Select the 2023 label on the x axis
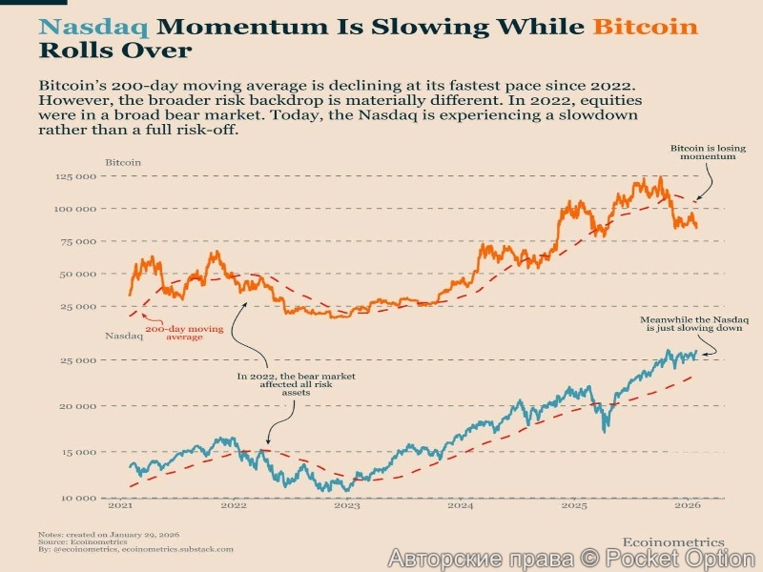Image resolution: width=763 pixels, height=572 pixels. (x=347, y=508)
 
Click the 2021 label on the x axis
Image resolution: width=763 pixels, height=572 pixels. (x=121, y=508)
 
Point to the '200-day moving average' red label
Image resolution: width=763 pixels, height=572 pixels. (x=184, y=333)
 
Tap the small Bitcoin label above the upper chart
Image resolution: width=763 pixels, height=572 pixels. (x=123, y=162)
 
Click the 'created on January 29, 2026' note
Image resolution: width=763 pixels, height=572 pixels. (x=110, y=534)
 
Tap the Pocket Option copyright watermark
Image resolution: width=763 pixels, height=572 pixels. (x=571, y=559)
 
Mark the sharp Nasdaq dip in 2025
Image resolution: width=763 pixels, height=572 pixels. (x=605, y=428)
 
